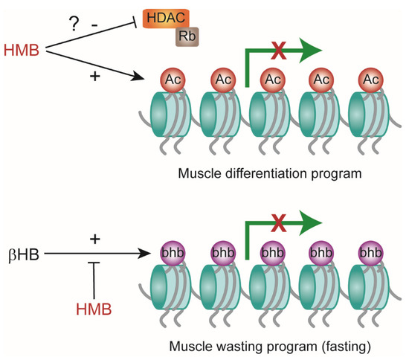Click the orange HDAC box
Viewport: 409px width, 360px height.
click(x=166, y=19)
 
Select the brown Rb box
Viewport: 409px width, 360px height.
click(x=187, y=36)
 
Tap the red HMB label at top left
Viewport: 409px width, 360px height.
click(x=22, y=50)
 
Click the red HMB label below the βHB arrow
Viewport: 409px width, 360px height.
click(x=94, y=309)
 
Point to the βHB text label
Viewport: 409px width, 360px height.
click(x=24, y=254)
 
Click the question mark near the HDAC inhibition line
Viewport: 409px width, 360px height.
click(x=74, y=24)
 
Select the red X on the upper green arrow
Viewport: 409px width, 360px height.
click(x=279, y=51)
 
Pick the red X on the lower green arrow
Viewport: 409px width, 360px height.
click(x=279, y=223)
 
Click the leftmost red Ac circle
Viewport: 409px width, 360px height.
click(x=173, y=80)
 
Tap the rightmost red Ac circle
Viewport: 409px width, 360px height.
click(x=371, y=80)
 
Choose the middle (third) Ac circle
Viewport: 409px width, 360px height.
click(x=273, y=80)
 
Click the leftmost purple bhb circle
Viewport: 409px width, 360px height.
click(x=173, y=253)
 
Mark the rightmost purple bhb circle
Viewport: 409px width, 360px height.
click(x=371, y=253)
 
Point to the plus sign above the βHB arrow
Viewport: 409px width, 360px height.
click(x=95, y=239)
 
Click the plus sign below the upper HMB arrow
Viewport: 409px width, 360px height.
click(x=95, y=77)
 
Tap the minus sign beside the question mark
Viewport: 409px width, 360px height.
click(x=94, y=25)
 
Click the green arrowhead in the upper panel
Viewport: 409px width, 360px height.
click(x=310, y=51)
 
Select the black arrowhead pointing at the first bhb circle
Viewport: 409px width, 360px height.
click(x=144, y=254)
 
